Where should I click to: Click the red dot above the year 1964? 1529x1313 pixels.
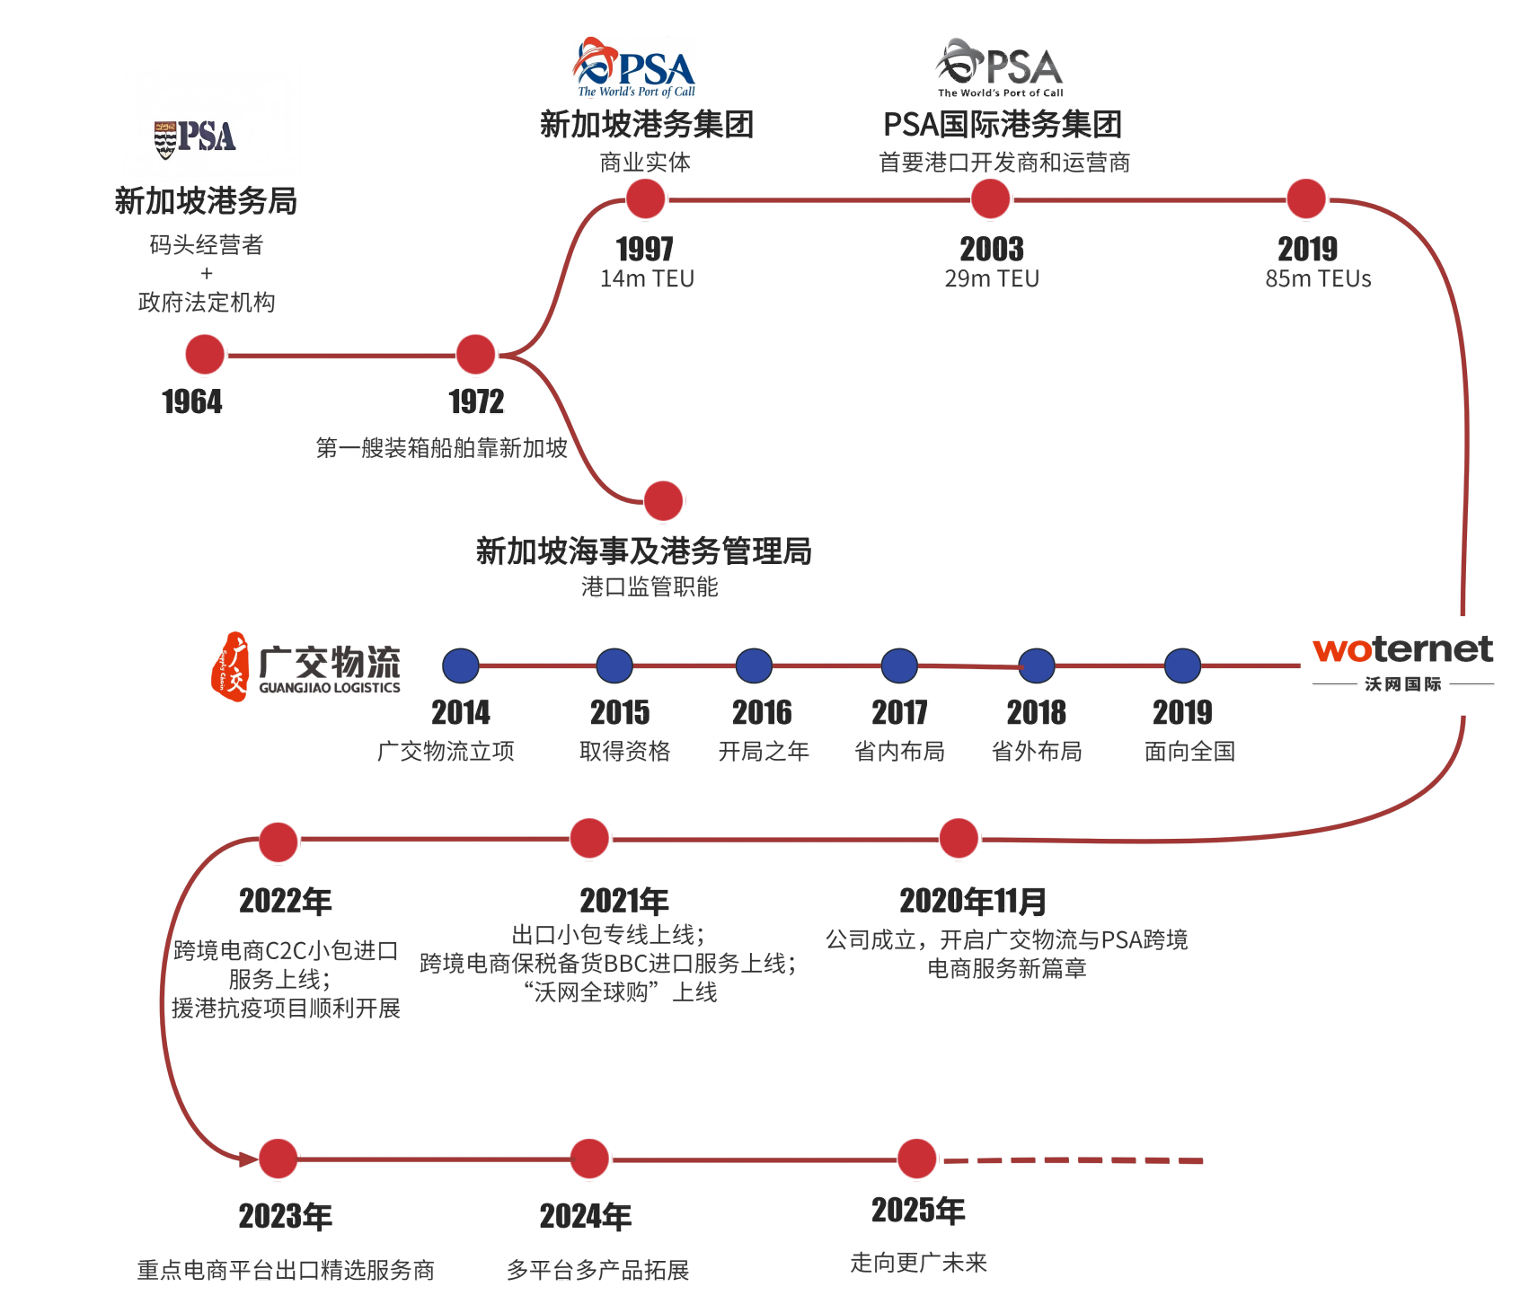coord(205,355)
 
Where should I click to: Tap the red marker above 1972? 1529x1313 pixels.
coord(476,355)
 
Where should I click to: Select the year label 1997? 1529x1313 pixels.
coord(645,249)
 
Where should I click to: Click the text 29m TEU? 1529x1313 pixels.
coord(992,279)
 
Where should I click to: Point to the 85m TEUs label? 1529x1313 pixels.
coord(1318,279)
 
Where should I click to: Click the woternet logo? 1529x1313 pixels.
coord(1402,650)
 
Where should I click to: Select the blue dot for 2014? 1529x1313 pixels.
coord(461,666)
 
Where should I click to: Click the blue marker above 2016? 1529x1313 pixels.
coord(754,666)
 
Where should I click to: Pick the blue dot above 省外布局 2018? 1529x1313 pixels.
coord(1037,666)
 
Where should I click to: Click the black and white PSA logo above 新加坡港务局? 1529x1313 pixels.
coord(196,137)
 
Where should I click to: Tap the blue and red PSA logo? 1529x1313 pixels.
coord(634,67)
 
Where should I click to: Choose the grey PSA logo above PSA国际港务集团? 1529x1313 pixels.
coord(999,67)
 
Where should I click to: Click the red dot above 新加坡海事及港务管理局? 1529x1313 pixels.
coord(664,501)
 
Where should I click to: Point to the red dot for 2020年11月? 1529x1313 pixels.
coord(959,839)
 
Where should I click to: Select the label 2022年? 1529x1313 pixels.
coord(286,901)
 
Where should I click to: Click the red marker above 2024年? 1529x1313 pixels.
coord(589,1159)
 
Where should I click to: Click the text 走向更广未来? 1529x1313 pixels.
coord(918,1263)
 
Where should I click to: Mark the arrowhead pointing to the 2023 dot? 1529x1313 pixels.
coord(248,1159)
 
